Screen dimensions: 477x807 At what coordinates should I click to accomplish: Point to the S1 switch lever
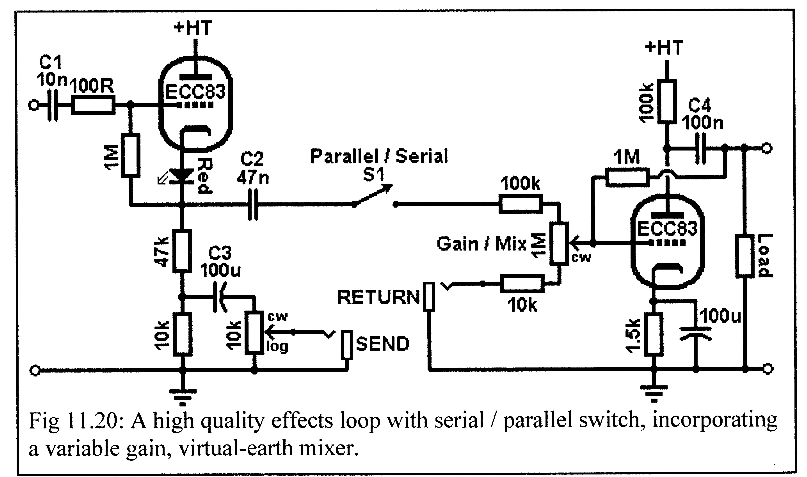(x=373, y=195)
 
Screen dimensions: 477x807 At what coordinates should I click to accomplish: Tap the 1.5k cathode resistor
(x=654, y=334)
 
